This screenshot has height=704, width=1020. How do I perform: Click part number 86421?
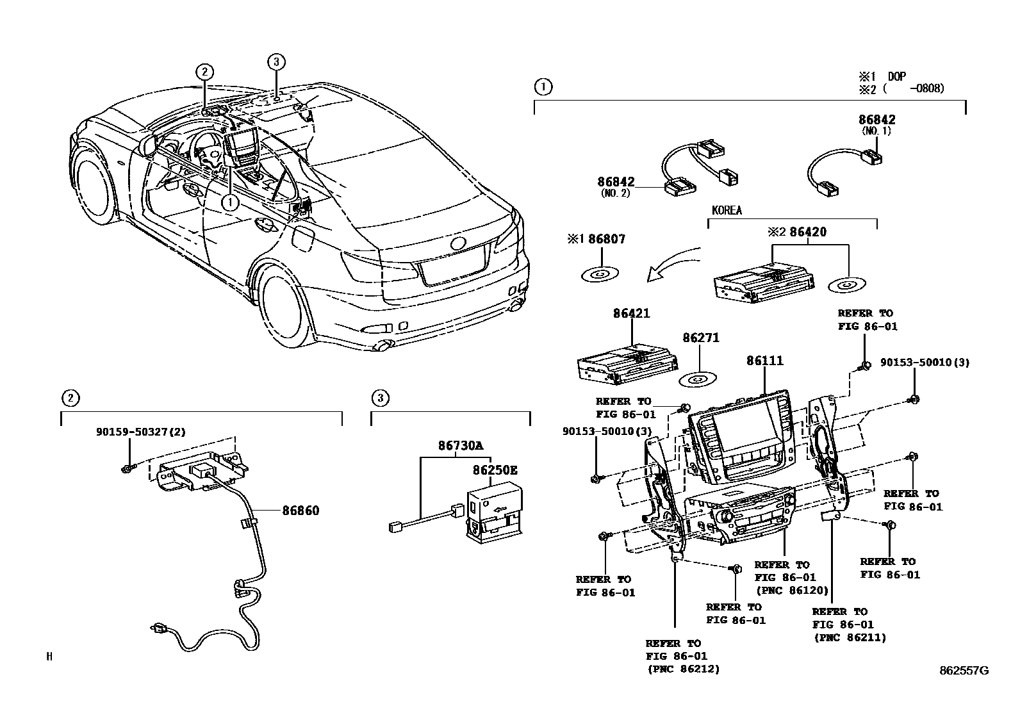(x=631, y=314)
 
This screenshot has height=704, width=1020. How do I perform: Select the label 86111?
(x=764, y=361)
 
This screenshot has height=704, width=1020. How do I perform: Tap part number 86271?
(x=700, y=338)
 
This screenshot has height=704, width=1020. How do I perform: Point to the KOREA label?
(x=727, y=211)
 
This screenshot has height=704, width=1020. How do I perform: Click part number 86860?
(x=300, y=511)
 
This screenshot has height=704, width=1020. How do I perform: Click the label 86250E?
(x=495, y=470)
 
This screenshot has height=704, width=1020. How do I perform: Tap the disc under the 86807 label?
(x=600, y=274)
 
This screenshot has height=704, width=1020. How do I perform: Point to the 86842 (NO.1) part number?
(x=876, y=120)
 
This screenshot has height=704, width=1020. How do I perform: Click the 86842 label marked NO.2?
(x=617, y=183)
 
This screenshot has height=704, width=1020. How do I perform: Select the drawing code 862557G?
(x=964, y=671)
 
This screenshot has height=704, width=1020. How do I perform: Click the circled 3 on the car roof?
(x=276, y=62)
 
